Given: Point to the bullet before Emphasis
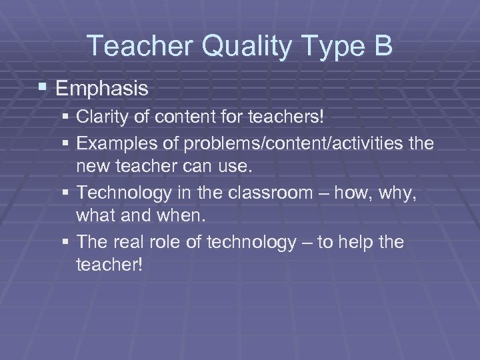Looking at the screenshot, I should [44, 88].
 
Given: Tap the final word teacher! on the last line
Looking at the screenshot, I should [109, 265].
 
